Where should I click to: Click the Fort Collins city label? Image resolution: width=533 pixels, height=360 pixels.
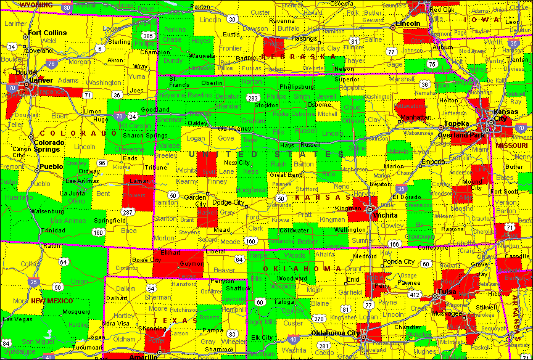point(47,33)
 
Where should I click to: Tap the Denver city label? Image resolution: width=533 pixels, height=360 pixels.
point(41,80)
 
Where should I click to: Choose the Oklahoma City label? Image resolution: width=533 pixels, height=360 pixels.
point(335,333)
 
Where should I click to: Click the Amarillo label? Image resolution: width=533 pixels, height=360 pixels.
point(143,356)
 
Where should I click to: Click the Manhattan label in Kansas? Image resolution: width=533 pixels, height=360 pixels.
point(415,117)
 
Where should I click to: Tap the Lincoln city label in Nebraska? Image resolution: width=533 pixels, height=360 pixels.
point(407,23)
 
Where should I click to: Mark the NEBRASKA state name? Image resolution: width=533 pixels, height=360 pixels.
point(290,56)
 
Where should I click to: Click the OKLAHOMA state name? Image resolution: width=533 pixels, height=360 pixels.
point(302,269)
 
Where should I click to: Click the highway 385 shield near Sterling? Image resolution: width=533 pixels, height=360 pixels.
point(148,36)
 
